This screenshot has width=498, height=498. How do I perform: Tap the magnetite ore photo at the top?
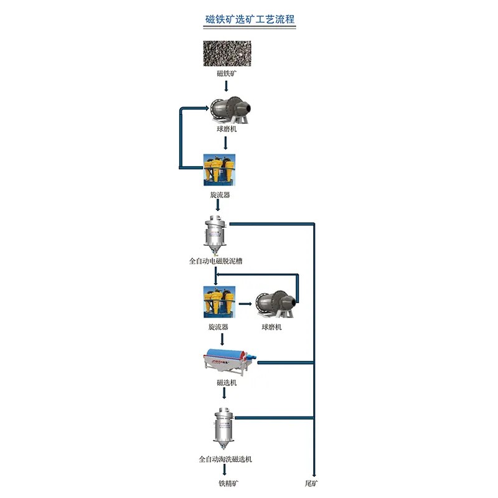[226, 54]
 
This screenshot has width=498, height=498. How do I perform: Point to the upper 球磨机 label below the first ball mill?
[225, 129]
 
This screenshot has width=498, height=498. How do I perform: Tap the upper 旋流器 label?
[219, 195]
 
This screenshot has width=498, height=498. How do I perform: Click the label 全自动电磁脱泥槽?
[215, 261]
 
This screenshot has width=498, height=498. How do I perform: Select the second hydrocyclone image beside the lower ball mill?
[219, 301]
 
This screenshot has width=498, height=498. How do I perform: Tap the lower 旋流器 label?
[218, 327]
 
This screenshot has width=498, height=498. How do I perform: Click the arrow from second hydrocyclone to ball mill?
[246, 304]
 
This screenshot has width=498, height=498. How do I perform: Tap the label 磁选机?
[226, 383]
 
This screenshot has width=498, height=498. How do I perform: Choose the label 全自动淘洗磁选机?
[225, 459]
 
